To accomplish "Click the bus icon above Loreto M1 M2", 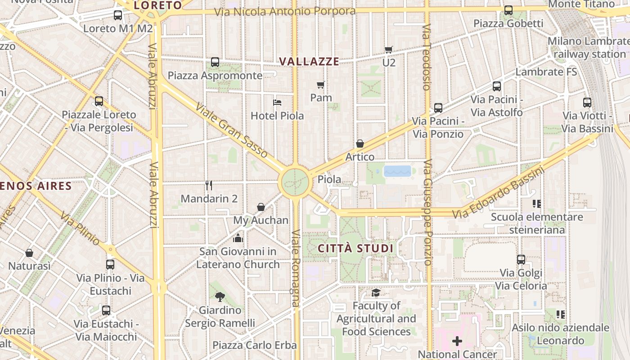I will coord(118,15).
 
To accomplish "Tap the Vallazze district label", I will coord(309,62).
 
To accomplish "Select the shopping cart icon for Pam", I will coord(321,85).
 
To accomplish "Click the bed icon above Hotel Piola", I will coord(277,103).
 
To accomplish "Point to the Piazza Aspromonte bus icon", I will coord(215,62).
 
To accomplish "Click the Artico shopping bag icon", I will coord(360,144).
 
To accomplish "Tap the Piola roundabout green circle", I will coord(296,182).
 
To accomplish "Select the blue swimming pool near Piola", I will coord(397,171).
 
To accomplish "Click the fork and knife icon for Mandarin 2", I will coord(209,185).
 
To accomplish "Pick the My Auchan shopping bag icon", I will coord(261,207).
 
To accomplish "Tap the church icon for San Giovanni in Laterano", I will coord(238,238).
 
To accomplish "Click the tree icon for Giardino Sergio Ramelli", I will coord(220,297).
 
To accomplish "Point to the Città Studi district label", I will coord(355,248).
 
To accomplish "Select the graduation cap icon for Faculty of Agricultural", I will coord(376,293).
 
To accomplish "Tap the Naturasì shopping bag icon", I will coord(29,253).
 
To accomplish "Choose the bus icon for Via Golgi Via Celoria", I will coord(521,259).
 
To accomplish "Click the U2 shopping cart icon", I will coord(388,49).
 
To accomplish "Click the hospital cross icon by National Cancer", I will coord(457,341).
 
